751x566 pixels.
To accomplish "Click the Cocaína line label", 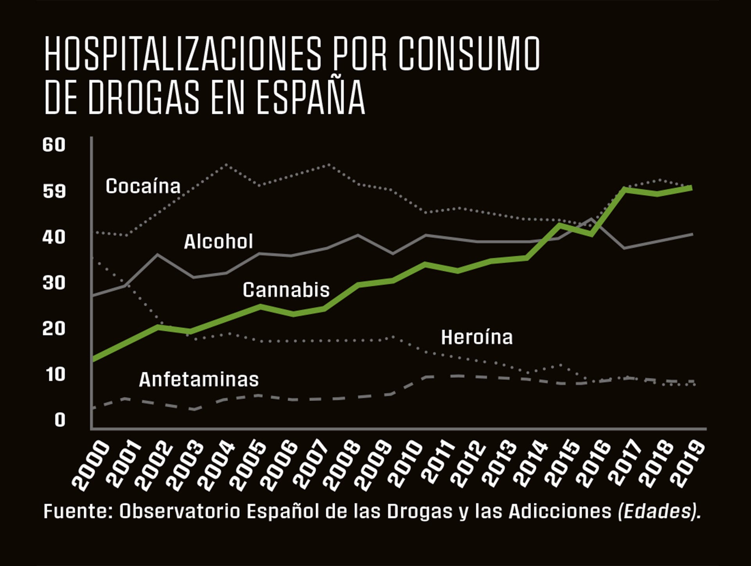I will tap(143, 186).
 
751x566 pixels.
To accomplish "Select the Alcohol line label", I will tap(218, 242).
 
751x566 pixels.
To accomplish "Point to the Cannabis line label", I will tap(286, 290).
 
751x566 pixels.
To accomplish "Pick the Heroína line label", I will tap(476, 337).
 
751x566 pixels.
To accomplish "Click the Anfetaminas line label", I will tap(199, 380).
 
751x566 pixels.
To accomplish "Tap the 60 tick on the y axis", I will tap(54, 145).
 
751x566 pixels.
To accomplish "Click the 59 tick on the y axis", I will tap(54, 191).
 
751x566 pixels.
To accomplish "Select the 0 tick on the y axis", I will tap(59, 420).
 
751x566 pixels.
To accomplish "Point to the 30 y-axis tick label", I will tap(54, 283).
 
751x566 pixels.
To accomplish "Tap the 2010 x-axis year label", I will tap(405, 465).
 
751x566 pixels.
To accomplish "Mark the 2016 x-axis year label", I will tap(593, 465).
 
